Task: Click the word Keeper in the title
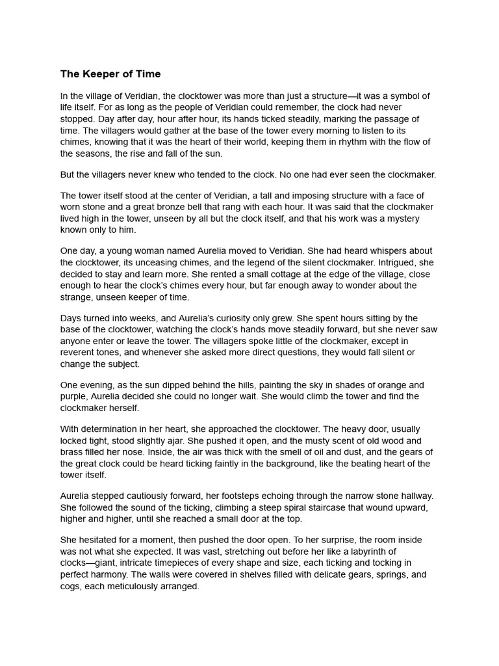(99, 73)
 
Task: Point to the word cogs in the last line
(71, 587)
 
